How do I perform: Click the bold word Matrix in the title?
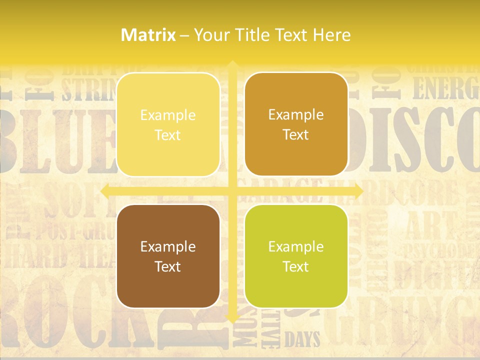[x=148, y=35]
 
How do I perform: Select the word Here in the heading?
[x=332, y=35]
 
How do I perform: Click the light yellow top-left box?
[x=168, y=124]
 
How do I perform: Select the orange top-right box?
[x=296, y=124]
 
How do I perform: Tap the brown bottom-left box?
[x=168, y=256]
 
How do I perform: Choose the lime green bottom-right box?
[x=296, y=256]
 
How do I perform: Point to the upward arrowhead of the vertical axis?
[x=232, y=64]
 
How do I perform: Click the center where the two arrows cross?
[x=232, y=191]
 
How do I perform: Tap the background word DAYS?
[x=302, y=340]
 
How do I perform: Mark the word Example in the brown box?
[x=168, y=246]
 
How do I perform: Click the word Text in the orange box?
[x=296, y=134]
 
